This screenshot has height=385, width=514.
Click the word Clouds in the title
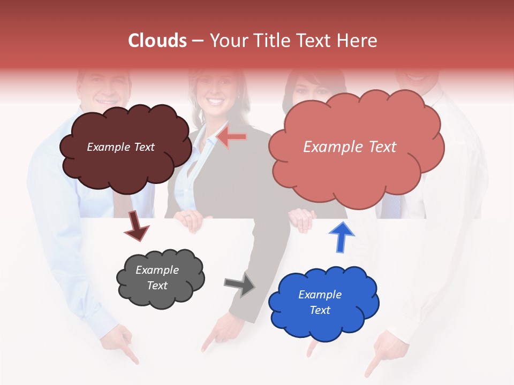pyautogui.click(x=157, y=41)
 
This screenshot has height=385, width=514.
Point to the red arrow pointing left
pyautogui.click(x=232, y=137)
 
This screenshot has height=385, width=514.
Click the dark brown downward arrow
pyautogui.click(x=136, y=225)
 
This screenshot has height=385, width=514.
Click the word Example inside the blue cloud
pyautogui.click(x=320, y=295)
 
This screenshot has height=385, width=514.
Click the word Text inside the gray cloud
pyautogui.click(x=157, y=286)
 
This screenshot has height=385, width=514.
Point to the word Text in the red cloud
pyautogui.click(x=379, y=147)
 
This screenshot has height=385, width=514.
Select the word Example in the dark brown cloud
pyautogui.click(x=108, y=147)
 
